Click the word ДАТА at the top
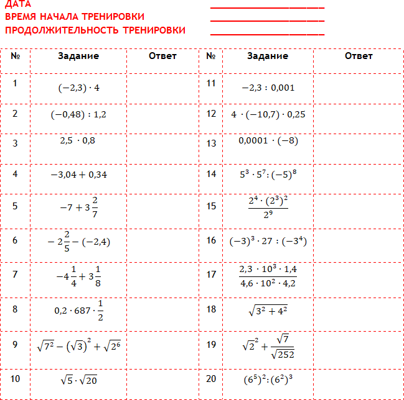tap(17, 4)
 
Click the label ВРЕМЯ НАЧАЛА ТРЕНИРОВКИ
tap(75, 17)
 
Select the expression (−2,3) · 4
tap(78, 88)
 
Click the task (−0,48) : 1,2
tap(78, 114)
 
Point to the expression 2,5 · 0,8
tap(78, 140)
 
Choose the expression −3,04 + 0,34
tap(78, 175)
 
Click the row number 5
tap(15, 206)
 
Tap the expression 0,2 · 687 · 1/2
tap(78, 309)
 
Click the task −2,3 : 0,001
tap(268, 88)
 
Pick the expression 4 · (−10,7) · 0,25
tap(268, 114)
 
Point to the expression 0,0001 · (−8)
tap(268, 141)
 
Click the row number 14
tap(211, 174)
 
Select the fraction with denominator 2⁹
tap(268, 207)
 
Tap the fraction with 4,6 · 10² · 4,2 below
tap(268, 276)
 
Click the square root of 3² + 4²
tap(268, 309)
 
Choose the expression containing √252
tap(268, 345)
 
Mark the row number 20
tap(211, 378)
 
